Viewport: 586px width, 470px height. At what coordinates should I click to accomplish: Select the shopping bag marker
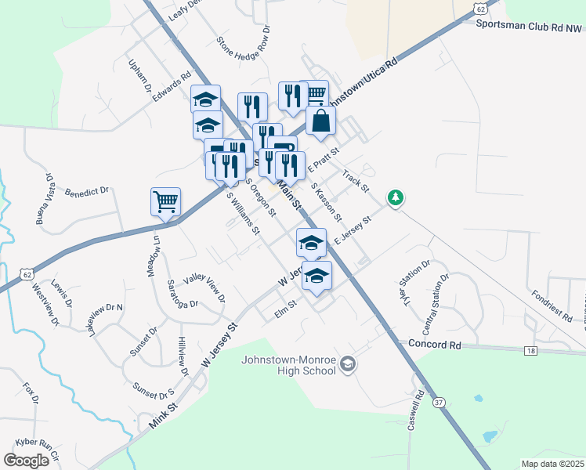tap(321, 121)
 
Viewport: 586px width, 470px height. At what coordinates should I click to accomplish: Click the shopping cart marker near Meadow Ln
tap(166, 201)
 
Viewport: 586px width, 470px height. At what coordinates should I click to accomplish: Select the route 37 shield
tap(439, 402)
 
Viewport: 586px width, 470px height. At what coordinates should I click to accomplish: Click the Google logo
tap(26, 460)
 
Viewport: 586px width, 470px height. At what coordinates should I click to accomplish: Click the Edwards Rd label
tap(172, 87)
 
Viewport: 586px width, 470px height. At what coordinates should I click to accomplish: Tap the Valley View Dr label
tap(204, 287)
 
